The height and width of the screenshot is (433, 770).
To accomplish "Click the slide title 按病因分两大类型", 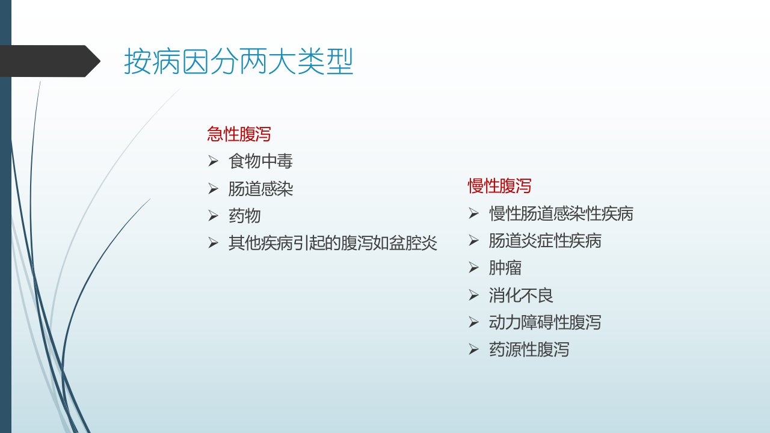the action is [x=239, y=61].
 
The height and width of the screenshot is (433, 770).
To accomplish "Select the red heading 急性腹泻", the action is [x=239, y=134].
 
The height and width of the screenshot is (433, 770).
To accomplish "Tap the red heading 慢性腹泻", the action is [x=499, y=186].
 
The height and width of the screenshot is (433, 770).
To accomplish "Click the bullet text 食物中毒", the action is [x=260, y=161].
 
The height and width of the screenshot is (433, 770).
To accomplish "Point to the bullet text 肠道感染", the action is [x=260, y=189].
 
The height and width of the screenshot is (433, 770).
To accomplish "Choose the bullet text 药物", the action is [x=244, y=216].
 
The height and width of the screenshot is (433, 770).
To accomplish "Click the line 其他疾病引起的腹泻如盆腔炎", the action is [x=333, y=243].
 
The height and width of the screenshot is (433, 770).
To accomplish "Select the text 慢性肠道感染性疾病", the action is [x=561, y=213].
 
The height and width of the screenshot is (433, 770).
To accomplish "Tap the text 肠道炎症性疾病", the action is [x=545, y=241].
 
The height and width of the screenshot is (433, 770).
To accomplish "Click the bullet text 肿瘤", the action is [x=505, y=268].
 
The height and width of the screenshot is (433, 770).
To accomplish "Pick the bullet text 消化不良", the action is [x=521, y=295].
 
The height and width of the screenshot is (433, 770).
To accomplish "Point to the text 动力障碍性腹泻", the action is [x=545, y=322].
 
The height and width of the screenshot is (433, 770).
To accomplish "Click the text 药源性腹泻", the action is [x=529, y=349].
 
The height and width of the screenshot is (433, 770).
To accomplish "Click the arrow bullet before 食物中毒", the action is [x=213, y=161].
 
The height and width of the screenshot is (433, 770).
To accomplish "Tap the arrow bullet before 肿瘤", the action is [x=473, y=268].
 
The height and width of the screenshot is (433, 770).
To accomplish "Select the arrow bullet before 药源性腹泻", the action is [x=473, y=349].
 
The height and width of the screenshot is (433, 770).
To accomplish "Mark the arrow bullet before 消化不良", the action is [x=473, y=295].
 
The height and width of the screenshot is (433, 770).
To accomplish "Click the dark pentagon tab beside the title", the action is [x=50, y=61].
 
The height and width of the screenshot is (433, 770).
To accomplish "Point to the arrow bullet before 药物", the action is [x=213, y=216].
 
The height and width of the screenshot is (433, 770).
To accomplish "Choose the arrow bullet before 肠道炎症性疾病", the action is [x=473, y=241].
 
